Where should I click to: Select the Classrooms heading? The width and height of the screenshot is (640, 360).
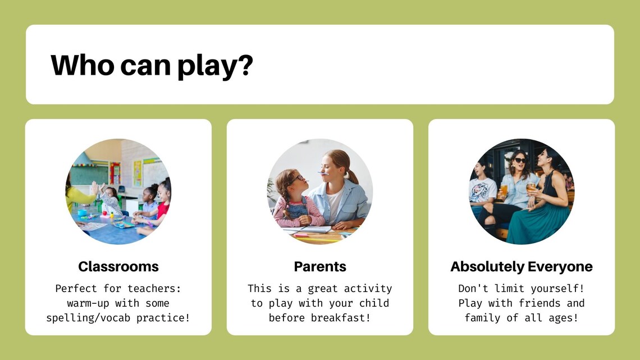pyautogui.click(x=118, y=267)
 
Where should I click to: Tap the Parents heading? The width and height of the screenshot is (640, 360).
pyautogui.click(x=320, y=267)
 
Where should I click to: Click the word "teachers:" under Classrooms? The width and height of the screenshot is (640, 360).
pyautogui.click(x=154, y=289)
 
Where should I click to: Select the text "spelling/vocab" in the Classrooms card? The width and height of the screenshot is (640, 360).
pyautogui.click(x=88, y=318)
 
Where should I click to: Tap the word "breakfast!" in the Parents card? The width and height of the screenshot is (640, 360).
pyautogui.click(x=341, y=317)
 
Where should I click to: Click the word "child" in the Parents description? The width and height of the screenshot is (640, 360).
pyautogui.click(x=374, y=303)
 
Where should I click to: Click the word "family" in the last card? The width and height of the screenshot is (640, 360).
pyautogui.click(x=482, y=318)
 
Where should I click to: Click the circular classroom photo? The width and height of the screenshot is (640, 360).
pyautogui.click(x=118, y=192)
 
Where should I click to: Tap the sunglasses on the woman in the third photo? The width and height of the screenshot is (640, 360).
pyautogui.click(x=520, y=161)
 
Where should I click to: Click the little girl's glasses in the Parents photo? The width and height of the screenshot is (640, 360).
pyautogui.click(x=299, y=179)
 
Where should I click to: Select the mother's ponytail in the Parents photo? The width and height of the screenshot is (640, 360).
pyautogui.click(x=351, y=174)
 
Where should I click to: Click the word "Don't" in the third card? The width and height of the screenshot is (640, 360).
pyautogui.click(x=473, y=288)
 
